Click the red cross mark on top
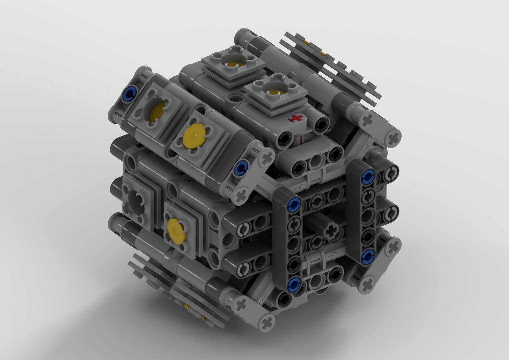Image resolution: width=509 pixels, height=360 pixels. coord(296,118)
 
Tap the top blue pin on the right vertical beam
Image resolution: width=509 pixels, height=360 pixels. coord(368,176)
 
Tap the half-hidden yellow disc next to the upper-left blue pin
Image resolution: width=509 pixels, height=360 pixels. coord(155,112)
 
